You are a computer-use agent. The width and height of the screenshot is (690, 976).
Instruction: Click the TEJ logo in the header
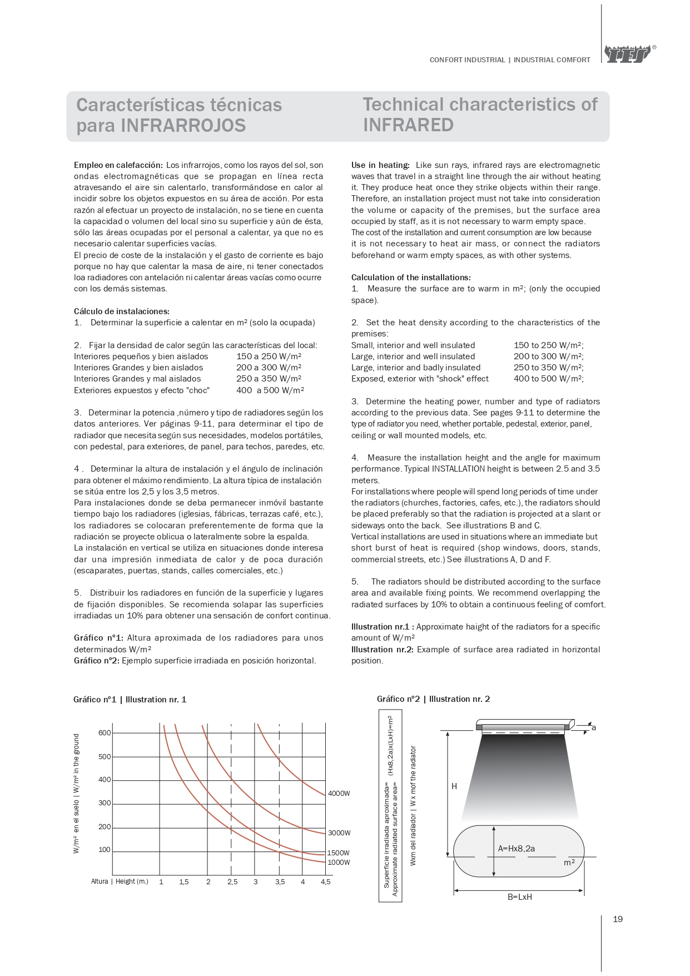[628, 55]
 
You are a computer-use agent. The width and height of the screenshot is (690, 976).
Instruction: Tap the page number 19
[618, 919]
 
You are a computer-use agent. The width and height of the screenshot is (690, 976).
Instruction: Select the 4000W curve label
[339, 793]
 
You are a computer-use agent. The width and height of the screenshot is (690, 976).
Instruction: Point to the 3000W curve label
[339, 833]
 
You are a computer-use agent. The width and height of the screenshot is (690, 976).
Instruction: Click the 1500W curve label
[339, 853]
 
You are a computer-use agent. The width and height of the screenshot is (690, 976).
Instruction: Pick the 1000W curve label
[339, 862]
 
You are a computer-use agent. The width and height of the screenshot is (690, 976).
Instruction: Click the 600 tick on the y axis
[105, 732]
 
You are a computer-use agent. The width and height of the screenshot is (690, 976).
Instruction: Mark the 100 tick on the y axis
[105, 850]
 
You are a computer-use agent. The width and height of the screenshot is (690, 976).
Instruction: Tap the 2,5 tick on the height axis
[232, 881]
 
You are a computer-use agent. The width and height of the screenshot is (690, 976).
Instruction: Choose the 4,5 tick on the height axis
[326, 881]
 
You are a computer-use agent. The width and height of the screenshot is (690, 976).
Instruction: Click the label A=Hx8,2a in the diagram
[516, 849]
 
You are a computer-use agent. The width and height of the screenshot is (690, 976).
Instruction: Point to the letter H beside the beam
[454, 786]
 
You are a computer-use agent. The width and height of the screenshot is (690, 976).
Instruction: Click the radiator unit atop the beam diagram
[524, 727]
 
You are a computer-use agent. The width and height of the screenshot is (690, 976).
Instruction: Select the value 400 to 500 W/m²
[549, 379]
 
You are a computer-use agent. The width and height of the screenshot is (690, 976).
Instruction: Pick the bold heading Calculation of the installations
[411, 277]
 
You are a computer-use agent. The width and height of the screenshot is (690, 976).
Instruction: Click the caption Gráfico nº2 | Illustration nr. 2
[433, 699]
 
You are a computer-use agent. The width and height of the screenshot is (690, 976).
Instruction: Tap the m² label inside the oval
[569, 863]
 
